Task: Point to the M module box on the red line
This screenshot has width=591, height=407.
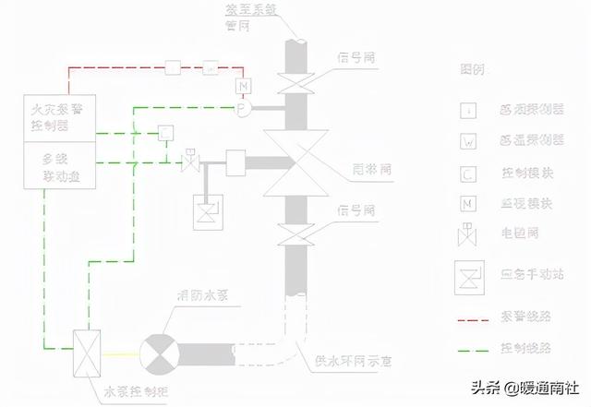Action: click(x=244, y=87)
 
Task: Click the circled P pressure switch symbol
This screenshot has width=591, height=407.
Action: click(x=243, y=109)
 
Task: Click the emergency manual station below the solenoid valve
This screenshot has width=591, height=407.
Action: click(x=206, y=214)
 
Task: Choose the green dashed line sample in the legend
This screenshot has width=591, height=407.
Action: click(x=474, y=350)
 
